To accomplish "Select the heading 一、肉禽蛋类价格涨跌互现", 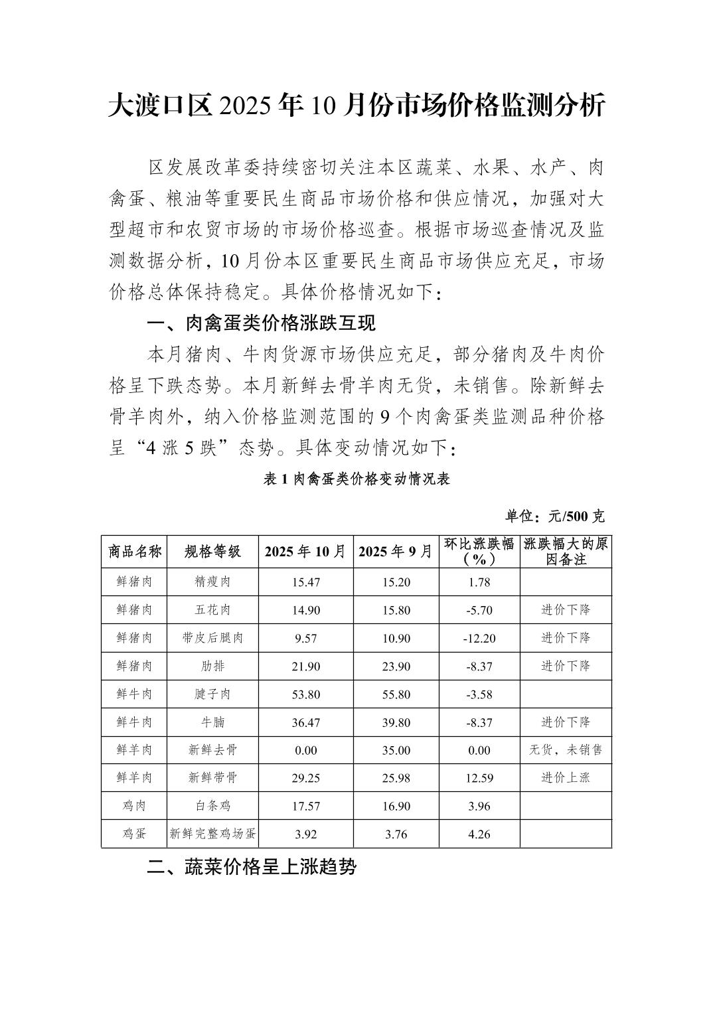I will (261, 323).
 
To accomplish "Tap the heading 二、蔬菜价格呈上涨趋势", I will (252, 867).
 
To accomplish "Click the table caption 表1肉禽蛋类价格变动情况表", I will (356, 479).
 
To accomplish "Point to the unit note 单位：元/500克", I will (555, 516).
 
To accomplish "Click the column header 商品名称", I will (134, 551).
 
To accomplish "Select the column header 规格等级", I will (212, 551).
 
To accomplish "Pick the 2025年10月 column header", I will (305, 551).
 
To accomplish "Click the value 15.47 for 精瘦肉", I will (305, 582).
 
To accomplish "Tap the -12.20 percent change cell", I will (479, 638).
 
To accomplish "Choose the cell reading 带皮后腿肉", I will (212, 638).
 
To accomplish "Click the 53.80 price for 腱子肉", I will (305, 694).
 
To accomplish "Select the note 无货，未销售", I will (565, 750).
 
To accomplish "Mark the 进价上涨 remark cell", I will (565, 777).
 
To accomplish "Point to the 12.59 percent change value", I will (479, 778).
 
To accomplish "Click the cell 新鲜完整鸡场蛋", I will (212, 834).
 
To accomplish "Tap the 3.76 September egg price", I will (396, 834).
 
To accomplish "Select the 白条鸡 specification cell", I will (212, 806).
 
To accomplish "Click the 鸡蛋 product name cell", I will (134, 834).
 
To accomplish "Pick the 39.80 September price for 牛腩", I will (396, 722).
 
